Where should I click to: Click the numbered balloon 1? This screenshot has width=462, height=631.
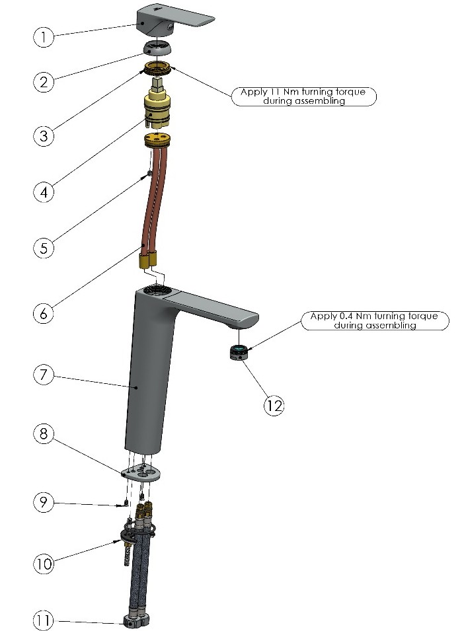click(x=43, y=36)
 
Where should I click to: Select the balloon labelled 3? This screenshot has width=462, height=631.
click(x=43, y=135)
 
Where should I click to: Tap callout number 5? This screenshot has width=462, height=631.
click(x=43, y=248)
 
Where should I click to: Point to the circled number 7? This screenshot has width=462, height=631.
click(x=43, y=375)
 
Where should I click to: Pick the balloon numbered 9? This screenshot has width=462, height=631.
click(x=43, y=501)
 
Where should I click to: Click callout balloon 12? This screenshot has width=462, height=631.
click(x=274, y=405)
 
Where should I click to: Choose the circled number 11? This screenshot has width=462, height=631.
click(x=43, y=620)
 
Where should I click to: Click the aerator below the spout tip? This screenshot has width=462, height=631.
click(x=238, y=353)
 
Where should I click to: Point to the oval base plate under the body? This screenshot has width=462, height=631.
click(x=141, y=472)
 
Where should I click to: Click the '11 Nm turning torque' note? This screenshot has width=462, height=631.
click(x=304, y=96)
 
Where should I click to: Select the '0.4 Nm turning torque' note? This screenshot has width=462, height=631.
click(x=375, y=320)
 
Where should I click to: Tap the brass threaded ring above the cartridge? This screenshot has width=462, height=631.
click(x=157, y=67)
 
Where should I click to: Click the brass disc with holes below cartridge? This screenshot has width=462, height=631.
click(x=157, y=139)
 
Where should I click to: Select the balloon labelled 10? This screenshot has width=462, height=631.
click(x=43, y=563)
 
